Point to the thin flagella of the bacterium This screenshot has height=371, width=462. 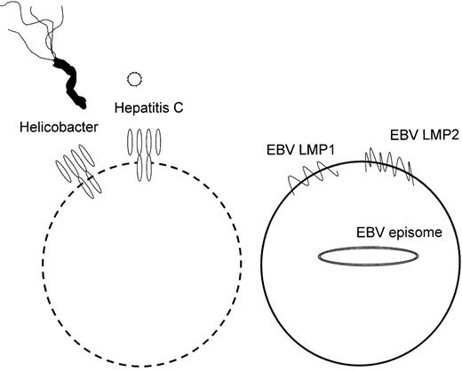(x=36, y=27)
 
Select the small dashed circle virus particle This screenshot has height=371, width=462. (x=135, y=79)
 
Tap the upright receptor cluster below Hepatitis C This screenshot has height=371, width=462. (x=146, y=154)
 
